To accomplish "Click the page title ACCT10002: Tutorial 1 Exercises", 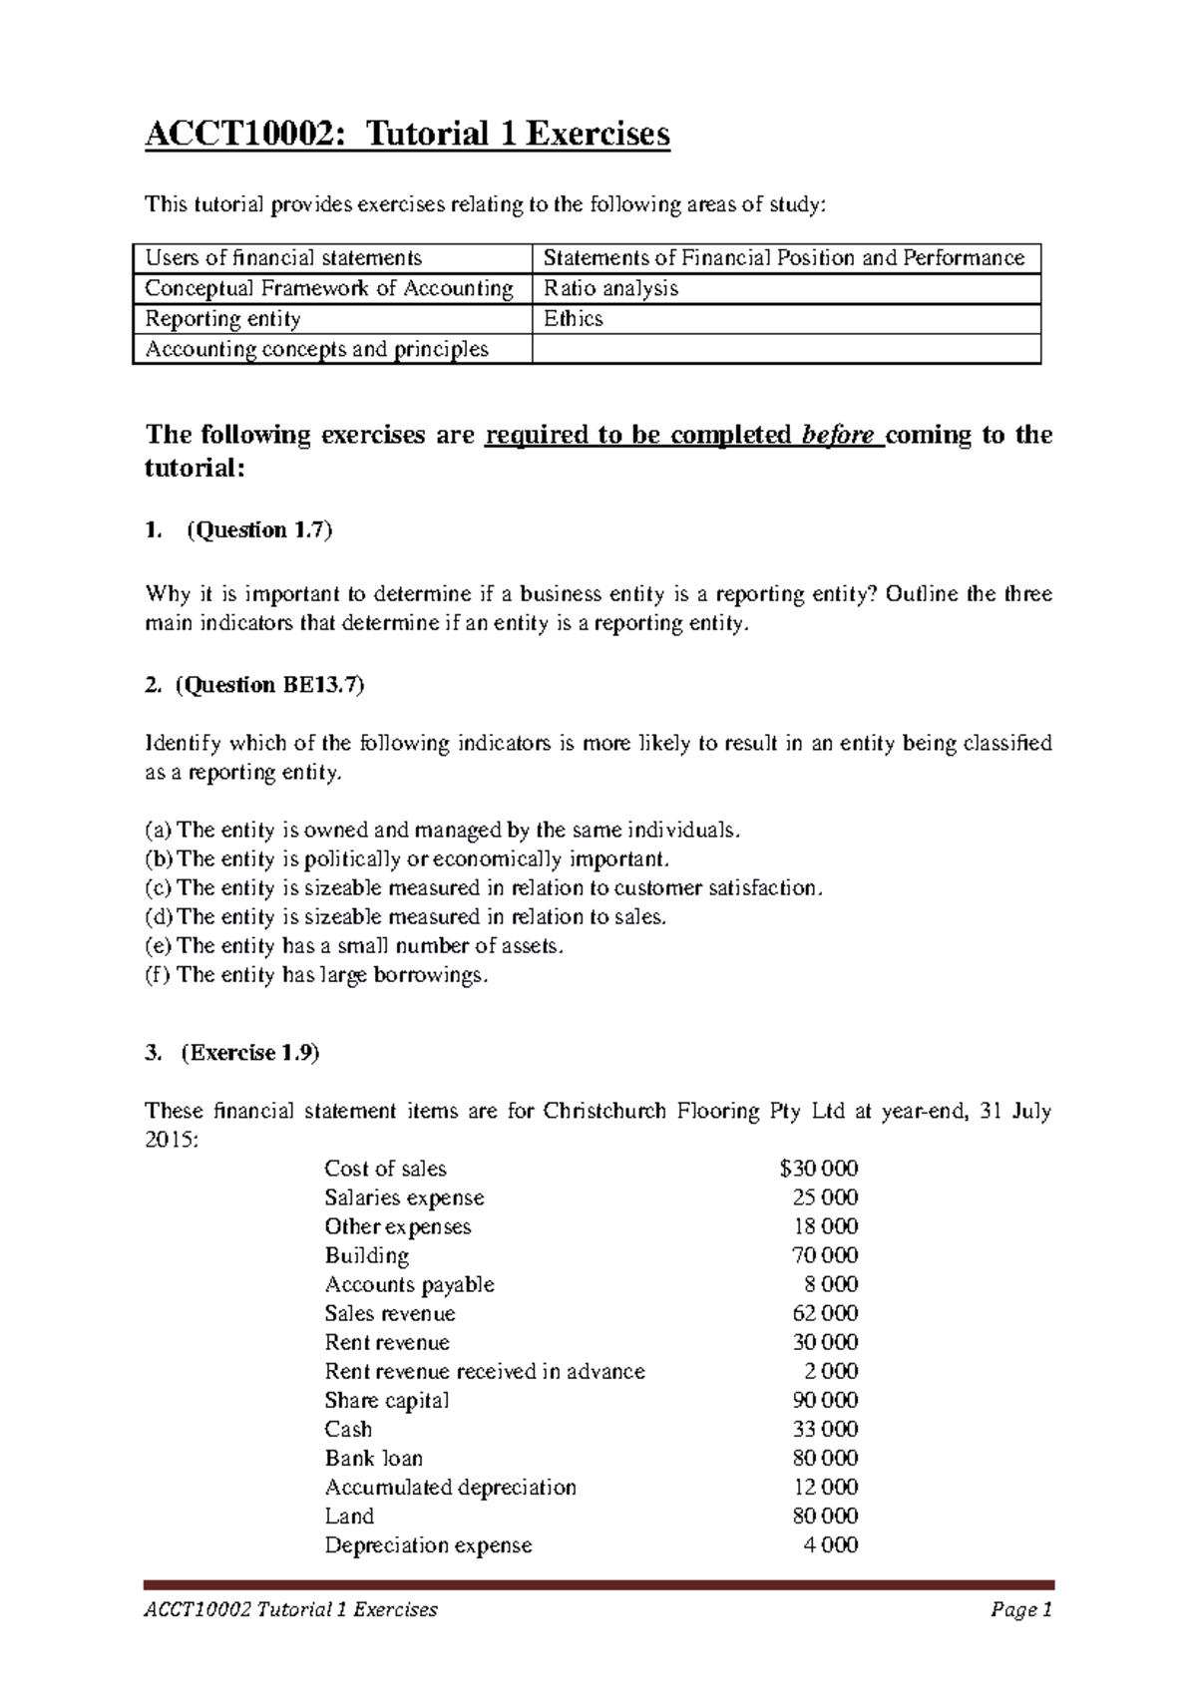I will pos(407,134).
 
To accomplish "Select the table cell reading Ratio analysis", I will pos(610,289).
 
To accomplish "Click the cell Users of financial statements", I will pos(283,258).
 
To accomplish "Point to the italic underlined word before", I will pos(838,436).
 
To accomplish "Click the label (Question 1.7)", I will pos(259,530).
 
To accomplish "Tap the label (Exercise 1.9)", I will pos(250,1053).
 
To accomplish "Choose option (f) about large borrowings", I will pos(317,975).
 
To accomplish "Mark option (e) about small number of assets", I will pos(354,946).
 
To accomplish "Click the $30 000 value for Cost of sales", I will pos(819,1169).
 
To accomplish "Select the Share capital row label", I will pos(386,1400).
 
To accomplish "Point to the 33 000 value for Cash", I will pos(825,1429).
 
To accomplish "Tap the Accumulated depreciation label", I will pos(450,1487).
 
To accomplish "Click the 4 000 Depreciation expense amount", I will pos(830,1544).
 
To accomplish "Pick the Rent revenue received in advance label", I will pos(485,1371).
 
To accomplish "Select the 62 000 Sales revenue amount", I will pos(825,1313).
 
